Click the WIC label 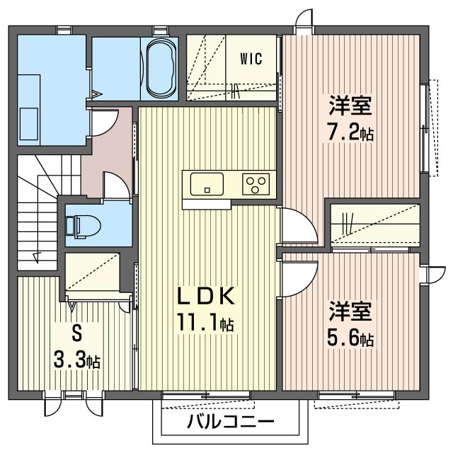[251, 59]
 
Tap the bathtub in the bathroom [161, 69]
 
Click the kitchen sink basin [207, 184]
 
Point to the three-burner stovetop [256, 184]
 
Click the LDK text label [206, 296]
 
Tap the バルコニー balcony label [230, 423]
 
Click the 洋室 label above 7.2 [350, 105]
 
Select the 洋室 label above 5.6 [350, 311]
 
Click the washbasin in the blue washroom [29, 124]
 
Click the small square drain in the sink [207, 190]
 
